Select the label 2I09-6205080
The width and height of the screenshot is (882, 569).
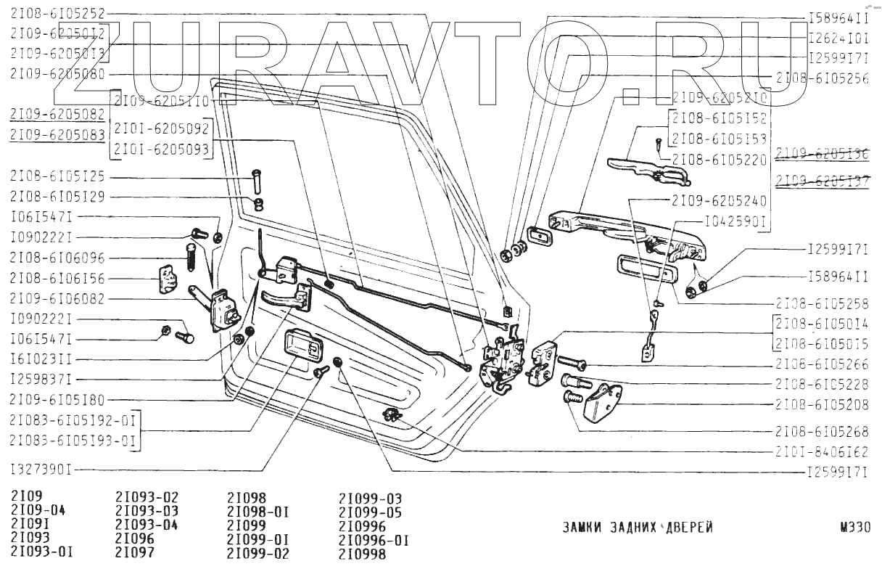[59, 74]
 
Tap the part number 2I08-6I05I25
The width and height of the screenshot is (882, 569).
[59, 177]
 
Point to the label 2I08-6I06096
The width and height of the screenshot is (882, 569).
[59, 257]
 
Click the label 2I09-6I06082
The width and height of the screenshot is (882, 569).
[59, 298]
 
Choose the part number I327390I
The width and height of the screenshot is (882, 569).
[41, 468]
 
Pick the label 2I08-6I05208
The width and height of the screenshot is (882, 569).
[822, 404]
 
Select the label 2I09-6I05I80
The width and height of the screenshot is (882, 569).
[59, 399]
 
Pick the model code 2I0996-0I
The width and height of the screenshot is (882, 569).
[374, 540]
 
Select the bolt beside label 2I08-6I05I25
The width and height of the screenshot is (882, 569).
[255, 177]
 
